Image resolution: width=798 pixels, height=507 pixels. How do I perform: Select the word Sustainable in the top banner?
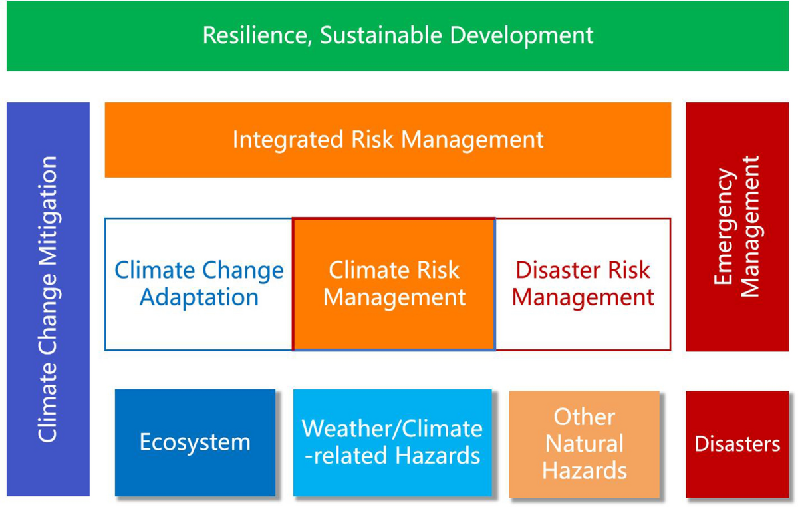click(x=381, y=35)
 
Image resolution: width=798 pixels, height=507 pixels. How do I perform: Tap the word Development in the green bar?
click(x=521, y=36)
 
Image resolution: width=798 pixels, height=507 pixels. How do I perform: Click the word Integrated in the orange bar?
click(x=288, y=140)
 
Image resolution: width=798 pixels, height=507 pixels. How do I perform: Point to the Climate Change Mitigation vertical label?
click(x=48, y=299)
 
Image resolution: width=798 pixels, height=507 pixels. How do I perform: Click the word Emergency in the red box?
click(x=725, y=226)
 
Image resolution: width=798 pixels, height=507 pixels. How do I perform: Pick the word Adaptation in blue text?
click(x=199, y=297)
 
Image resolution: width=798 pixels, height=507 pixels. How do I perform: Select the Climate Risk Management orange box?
click(x=394, y=284)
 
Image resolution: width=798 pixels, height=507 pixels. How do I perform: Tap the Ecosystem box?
click(x=196, y=442)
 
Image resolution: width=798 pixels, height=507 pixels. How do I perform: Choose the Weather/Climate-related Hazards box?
click(x=392, y=442)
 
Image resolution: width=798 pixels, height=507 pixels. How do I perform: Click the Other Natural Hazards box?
click(x=585, y=444)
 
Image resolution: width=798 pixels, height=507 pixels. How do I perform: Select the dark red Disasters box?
click(x=737, y=444)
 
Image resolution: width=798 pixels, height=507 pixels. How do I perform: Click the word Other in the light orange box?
click(x=585, y=417)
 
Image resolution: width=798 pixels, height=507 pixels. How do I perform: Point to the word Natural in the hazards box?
click(x=585, y=444)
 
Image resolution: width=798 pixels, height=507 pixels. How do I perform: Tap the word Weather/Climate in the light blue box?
click(x=392, y=429)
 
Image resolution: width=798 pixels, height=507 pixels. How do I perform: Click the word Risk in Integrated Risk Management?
click(x=372, y=139)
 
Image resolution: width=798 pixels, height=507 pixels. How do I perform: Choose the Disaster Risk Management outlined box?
click(x=583, y=284)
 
